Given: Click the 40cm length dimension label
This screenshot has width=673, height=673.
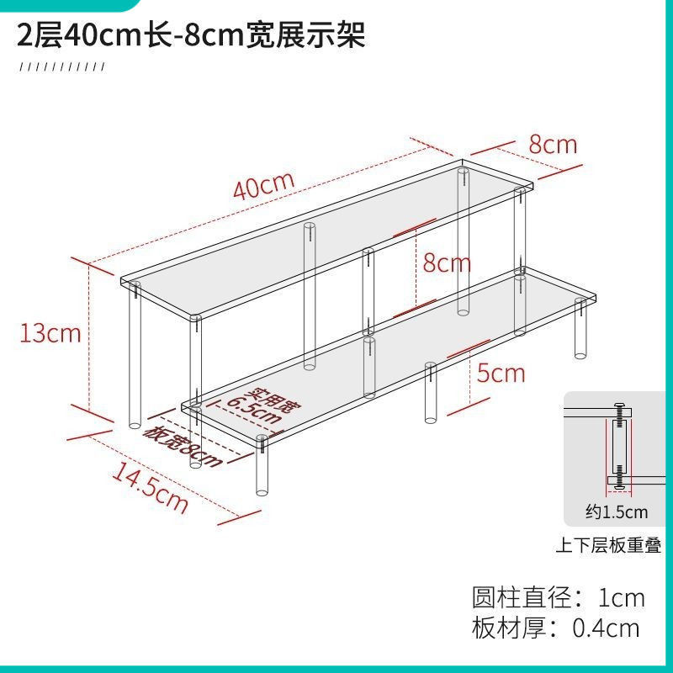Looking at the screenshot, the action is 263,185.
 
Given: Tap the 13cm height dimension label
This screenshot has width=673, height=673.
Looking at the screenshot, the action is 50,333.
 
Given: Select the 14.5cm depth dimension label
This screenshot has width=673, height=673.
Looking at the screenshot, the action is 150,488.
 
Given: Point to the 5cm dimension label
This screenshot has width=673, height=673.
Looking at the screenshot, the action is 501,372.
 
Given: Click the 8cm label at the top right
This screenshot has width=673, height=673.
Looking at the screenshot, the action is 553,145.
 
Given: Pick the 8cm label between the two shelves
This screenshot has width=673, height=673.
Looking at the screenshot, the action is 447,263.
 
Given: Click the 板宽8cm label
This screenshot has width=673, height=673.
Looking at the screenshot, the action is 183,446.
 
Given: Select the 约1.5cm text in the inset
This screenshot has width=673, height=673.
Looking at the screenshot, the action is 617,511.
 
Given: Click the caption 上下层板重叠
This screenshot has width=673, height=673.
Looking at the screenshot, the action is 608,546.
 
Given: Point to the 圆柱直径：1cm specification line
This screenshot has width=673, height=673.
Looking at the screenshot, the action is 559,598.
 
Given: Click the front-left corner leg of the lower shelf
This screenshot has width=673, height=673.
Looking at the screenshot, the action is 262,467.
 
